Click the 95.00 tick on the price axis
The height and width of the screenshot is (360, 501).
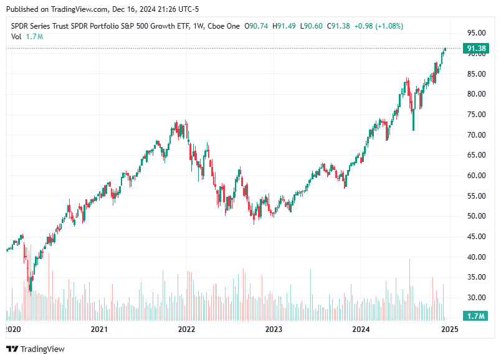tap(477, 33)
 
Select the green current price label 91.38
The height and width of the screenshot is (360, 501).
tap(476, 49)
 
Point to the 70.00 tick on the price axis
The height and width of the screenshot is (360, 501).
tap(477, 135)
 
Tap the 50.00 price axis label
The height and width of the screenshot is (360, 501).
tap(477, 216)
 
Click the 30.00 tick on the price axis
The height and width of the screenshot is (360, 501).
tap(477, 298)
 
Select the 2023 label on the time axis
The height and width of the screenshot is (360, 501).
tap(274, 329)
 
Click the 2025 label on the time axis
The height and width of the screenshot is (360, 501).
tap(449, 329)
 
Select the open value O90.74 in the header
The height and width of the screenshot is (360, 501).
tap(257, 26)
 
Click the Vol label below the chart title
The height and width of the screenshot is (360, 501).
tap(16, 36)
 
